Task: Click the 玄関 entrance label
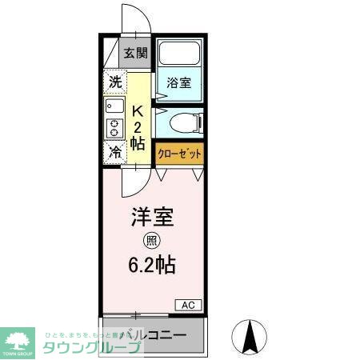click(136, 54)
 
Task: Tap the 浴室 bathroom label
click(178, 82)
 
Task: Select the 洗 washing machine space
click(115, 81)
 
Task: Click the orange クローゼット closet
click(179, 152)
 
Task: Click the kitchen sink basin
click(113, 105)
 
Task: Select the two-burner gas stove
click(113, 128)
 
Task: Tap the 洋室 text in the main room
click(152, 218)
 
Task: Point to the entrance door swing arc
click(130, 20)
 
